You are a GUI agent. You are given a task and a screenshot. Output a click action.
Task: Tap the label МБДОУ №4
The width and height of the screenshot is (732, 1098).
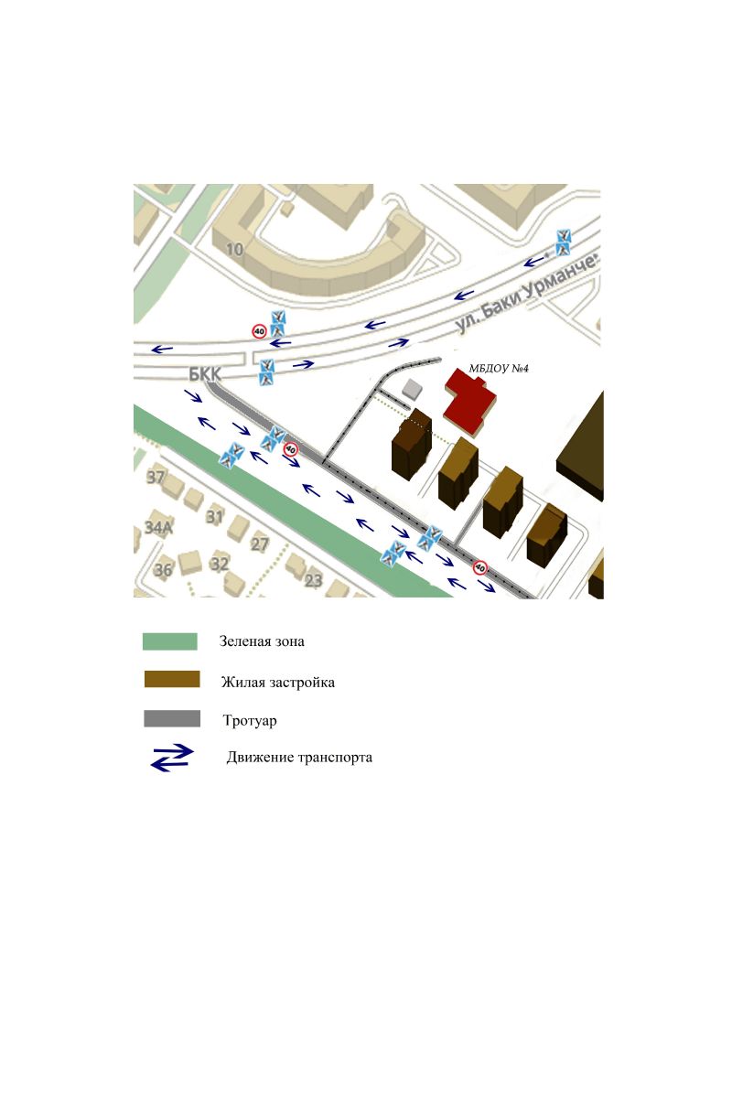tap(499, 369)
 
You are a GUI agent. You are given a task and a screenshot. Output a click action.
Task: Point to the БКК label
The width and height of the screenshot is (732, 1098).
tap(205, 375)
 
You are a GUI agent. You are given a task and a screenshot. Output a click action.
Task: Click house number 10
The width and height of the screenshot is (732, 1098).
tap(234, 250)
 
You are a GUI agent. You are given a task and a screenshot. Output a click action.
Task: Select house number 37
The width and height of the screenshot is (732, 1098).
tap(156, 477)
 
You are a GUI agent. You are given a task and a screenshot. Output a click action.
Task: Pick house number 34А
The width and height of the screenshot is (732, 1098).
tap(158, 527)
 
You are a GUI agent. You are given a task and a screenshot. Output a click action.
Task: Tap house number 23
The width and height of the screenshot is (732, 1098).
tap(313, 581)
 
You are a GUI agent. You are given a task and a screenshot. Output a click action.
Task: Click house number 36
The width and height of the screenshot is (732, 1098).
tap(163, 569)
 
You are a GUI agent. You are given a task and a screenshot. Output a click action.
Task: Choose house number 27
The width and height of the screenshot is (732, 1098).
tap(260, 544)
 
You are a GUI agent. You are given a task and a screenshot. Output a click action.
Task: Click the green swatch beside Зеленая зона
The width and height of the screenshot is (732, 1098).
tap(169, 641)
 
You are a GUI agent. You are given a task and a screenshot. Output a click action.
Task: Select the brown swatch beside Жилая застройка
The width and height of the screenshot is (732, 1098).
tap(172, 679)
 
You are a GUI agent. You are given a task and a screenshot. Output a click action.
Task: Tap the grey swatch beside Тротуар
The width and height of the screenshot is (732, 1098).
tap(172, 718)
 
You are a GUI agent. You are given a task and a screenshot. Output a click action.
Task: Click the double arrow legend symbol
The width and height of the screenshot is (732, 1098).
tap(172, 759)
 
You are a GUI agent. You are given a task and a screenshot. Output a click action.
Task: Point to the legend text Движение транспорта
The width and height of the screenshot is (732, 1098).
tap(299, 758)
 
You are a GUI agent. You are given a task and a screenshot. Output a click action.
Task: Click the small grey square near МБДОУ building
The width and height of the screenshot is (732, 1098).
tap(412, 388)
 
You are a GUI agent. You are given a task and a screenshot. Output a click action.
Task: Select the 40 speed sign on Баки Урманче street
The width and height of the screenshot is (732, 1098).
tap(259, 331)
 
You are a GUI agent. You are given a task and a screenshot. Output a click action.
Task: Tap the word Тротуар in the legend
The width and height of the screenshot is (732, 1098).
tap(250, 721)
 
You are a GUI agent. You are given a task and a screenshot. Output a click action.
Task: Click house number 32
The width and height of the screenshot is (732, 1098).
tap(220, 565)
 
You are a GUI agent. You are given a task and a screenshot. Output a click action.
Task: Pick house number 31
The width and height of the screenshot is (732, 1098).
tap(214, 517)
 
